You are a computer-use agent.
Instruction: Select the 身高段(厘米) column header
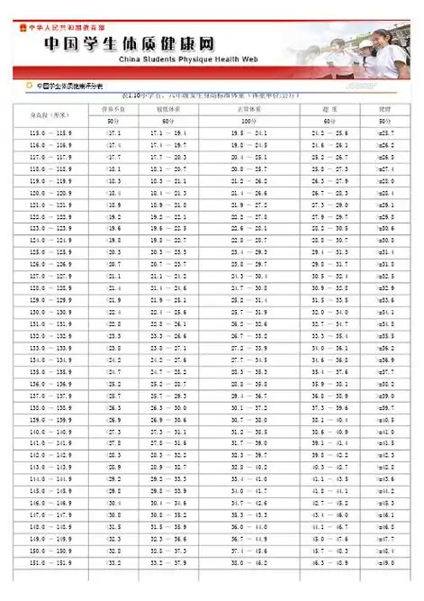[x=50, y=114]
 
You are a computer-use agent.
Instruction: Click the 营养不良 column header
[x=113, y=108]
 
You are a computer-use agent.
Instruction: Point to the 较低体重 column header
[x=169, y=108]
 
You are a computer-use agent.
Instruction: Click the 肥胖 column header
[x=384, y=108]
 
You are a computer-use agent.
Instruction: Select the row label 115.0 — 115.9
[x=50, y=133]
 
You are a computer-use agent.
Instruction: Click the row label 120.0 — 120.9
[x=50, y=193]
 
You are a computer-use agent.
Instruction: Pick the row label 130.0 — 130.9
[x=50, y=312]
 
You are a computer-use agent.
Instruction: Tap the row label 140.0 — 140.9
[x=50, y=432]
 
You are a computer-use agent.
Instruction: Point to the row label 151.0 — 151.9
[x=50, y=562]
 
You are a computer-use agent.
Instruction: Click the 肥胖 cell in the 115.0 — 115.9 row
[x=384, y=133]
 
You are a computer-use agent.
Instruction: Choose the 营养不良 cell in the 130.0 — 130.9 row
[x=113, y=312]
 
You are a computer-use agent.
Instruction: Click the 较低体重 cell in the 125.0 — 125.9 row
[x=169, y=252]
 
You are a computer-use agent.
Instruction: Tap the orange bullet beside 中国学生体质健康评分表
[x=29, y=87]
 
